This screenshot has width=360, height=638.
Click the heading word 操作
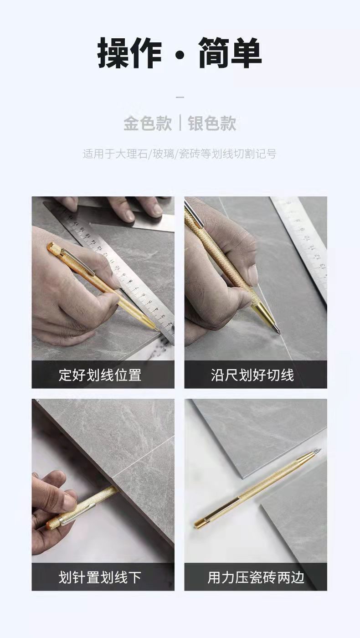coord(129,54)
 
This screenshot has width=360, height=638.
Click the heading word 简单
coord(230,54)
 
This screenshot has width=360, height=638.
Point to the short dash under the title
coord(180,97)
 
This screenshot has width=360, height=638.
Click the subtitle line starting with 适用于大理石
coord(180,154)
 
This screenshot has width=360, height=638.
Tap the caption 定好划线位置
coord(100,375)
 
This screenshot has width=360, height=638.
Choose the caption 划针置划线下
coord(100,577)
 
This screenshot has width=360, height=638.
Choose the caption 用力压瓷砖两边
coord(255,577)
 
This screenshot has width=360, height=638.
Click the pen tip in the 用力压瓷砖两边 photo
coord(320,451)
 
